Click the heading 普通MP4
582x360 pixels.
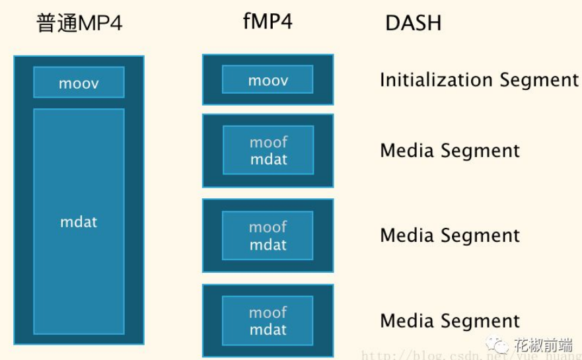pos(79,23)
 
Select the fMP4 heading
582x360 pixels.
pos(268,21)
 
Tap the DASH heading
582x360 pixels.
pos(414,24)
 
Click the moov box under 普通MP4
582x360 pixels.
pos(79,83)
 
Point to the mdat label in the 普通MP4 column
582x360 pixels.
pos(79,222)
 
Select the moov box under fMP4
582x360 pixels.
pos(268,81)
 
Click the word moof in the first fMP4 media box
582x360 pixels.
pos(268,142)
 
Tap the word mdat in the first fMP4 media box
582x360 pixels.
pos(268,159)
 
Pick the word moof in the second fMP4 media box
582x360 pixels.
pos(268,227)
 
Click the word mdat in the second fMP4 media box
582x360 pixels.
pos(268,244)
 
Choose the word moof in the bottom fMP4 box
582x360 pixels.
pos(268,312)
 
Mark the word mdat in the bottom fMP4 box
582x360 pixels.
pos(268,330)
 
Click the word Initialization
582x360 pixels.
pos(437,81)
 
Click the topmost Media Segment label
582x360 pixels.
pos(450,151)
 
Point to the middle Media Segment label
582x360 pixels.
pos(450,236)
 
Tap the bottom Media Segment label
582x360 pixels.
pos(450,322)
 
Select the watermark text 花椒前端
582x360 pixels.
pos(543,345)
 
